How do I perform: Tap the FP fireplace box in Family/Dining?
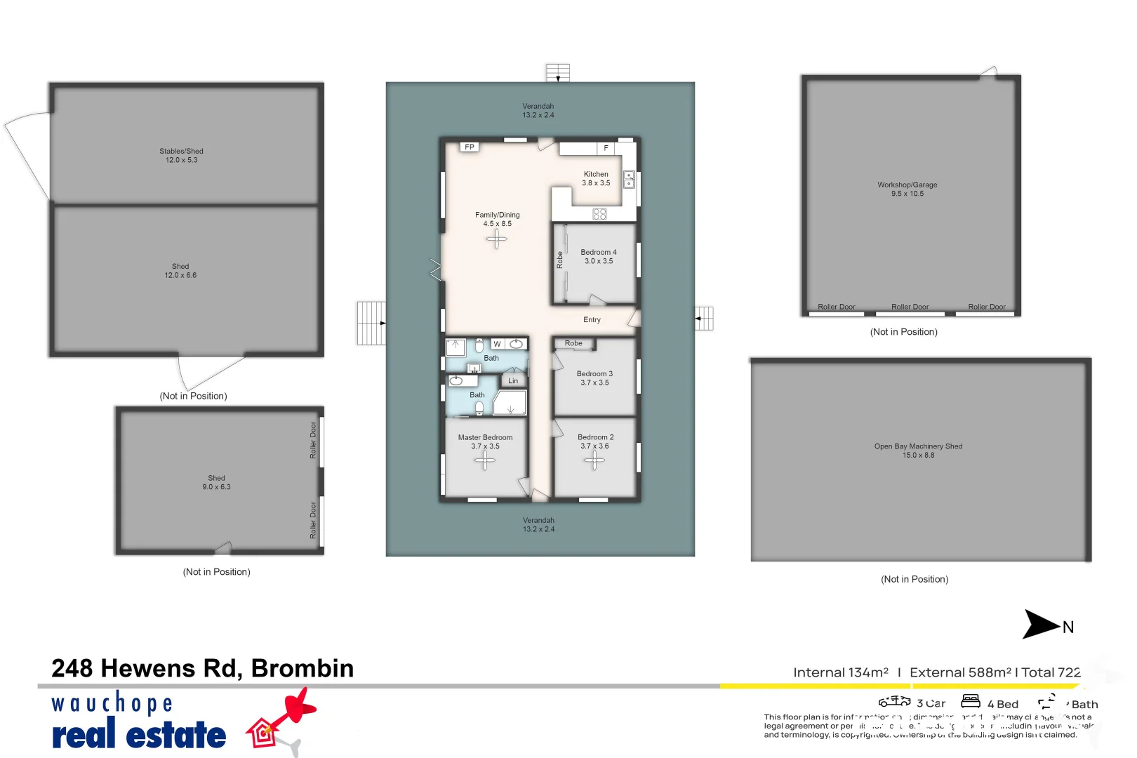tap(470, 147)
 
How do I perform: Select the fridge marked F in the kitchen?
tap(606, 148)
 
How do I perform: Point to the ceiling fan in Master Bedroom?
tap(484, 460)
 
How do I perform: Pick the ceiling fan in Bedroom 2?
tap(594, 460)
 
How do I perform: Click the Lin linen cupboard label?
tap(513, 381)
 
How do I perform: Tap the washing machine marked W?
tap(497, 344)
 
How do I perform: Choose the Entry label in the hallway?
tap(592, 320)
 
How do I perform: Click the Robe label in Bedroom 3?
tap(573, 344)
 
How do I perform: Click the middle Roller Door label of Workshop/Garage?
tap(910, 307)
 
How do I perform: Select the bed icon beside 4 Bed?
tap(971, 701)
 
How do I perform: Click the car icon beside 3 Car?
tap(894, 701)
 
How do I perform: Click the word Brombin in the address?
tap(302, 669)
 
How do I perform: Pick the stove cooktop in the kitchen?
tap(599, 214)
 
